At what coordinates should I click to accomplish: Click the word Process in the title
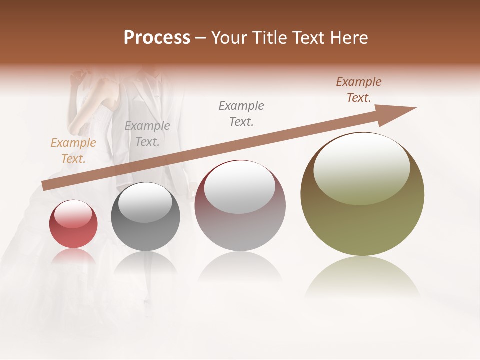point(157,38)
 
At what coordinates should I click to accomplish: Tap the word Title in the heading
point(269,38)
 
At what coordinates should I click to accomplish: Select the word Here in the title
point(348,38)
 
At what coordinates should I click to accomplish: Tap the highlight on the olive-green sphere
point(361,170)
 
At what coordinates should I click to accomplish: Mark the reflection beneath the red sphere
point(73,256)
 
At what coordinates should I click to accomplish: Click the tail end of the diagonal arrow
point(46,186)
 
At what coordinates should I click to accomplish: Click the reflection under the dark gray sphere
point(145,262)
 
